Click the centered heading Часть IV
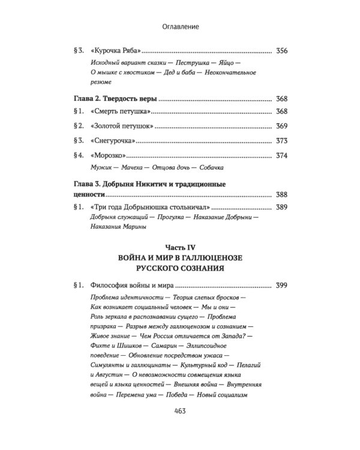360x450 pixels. pos(181,247)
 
